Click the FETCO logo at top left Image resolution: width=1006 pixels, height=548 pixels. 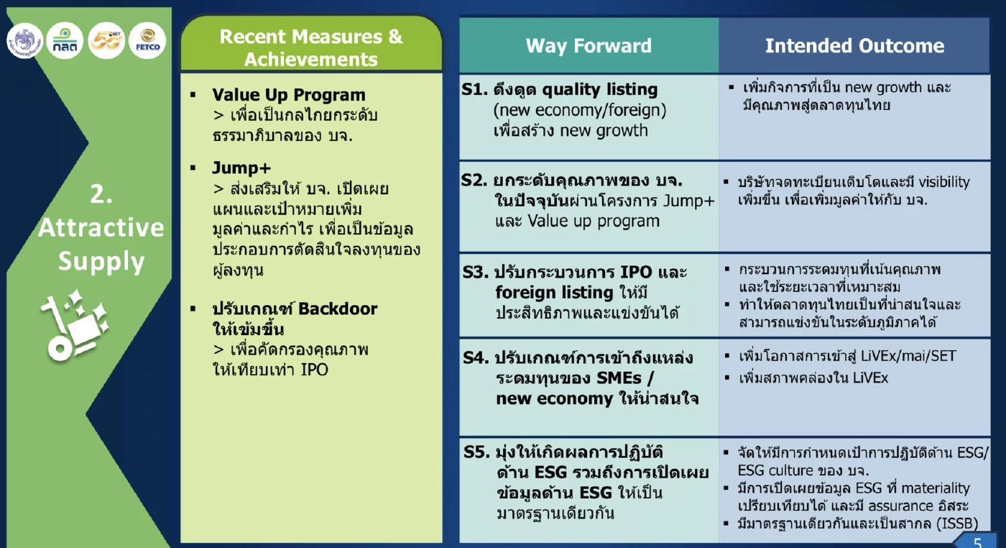pos(147,40)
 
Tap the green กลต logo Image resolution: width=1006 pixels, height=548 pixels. pos(65,40)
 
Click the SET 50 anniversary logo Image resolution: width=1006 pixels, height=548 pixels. pos(106,40)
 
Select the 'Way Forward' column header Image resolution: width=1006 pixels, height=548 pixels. pos(589,46)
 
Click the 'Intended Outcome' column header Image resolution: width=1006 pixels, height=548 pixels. pos(854,46)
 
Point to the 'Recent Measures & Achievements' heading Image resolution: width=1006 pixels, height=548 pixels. pos(311,47)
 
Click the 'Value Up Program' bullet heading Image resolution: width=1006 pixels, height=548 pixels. pos(288,95)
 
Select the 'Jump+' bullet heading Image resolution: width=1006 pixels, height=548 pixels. pos(241,168)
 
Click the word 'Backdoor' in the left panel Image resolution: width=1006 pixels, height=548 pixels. pos(337,309)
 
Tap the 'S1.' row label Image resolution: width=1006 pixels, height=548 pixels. pos(475,90)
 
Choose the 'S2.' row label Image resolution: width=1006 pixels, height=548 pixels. pos(475,180)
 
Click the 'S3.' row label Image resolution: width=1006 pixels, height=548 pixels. pos(475,273)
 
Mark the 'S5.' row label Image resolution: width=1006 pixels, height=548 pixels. pos(476,452)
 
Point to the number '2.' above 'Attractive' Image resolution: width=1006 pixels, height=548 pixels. pos(101,193)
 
